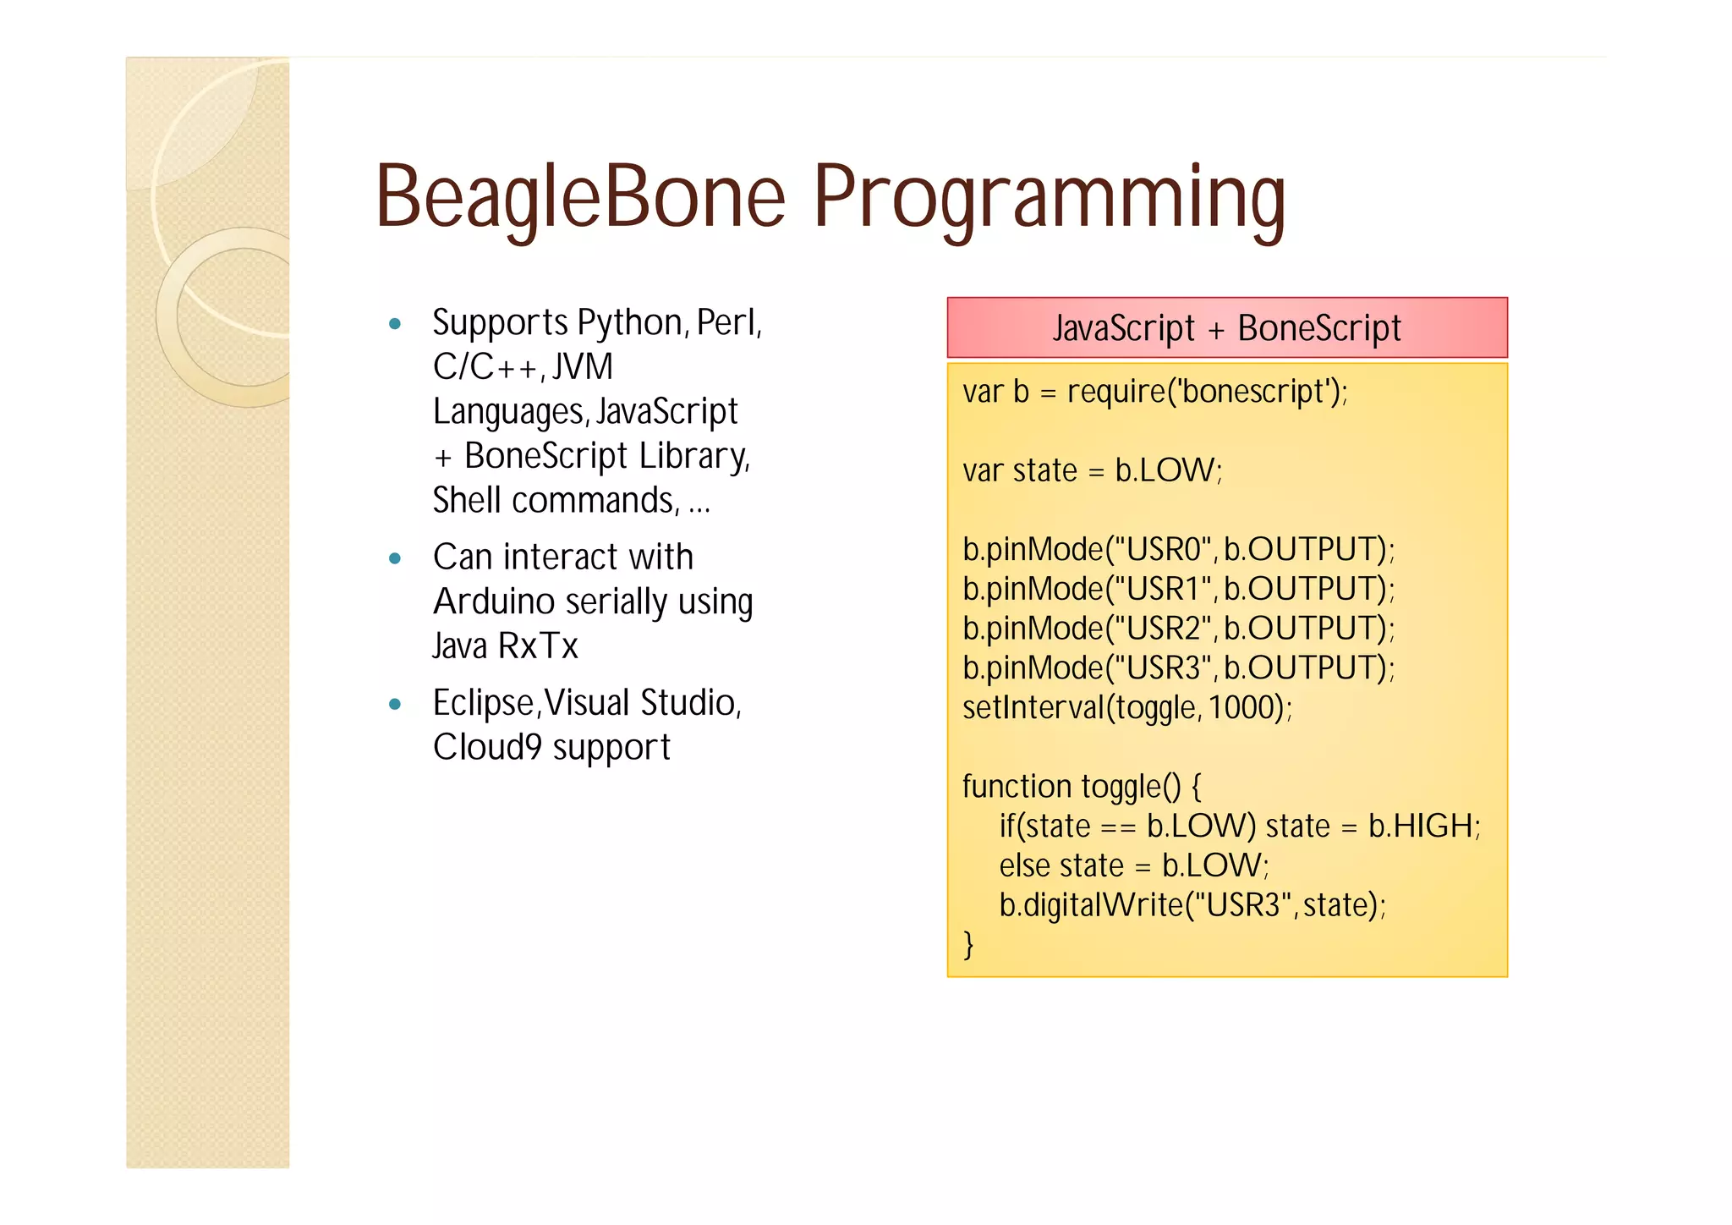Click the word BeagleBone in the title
580,197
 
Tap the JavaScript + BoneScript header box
1226,327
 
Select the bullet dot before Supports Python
394,324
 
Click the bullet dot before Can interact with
394,558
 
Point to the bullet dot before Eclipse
394,704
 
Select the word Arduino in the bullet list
494,602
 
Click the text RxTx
538,646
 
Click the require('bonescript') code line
1154,392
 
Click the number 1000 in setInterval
1241,707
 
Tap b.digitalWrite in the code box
1091,905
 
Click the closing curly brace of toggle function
968,943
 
